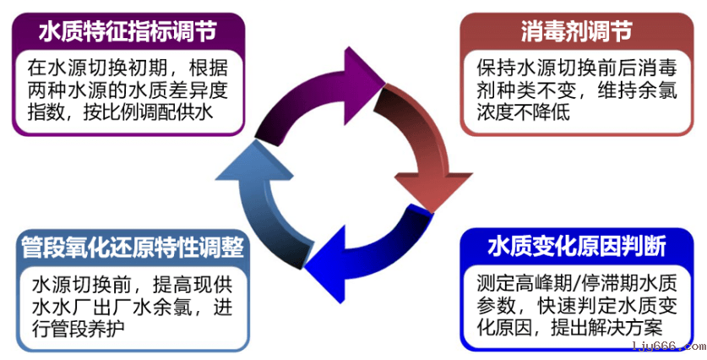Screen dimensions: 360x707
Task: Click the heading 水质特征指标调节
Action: (x=128, y=31)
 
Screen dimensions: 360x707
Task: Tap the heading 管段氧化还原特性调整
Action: (x=133, y=248)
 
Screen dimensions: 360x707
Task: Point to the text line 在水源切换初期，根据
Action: (x=127, y=67)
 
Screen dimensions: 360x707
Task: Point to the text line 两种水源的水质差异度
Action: (x=127, y=90)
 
